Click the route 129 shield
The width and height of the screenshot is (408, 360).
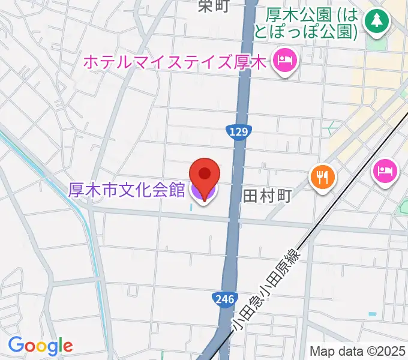point(238,131)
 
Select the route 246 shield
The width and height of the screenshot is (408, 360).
point(221,299)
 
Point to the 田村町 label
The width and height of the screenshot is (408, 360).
point(267,196)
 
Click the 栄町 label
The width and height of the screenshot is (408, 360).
point(213,6)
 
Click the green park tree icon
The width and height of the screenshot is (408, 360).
point(377,21)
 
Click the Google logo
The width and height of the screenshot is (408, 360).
point(40,345)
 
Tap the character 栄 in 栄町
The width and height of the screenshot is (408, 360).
point(206,6)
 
